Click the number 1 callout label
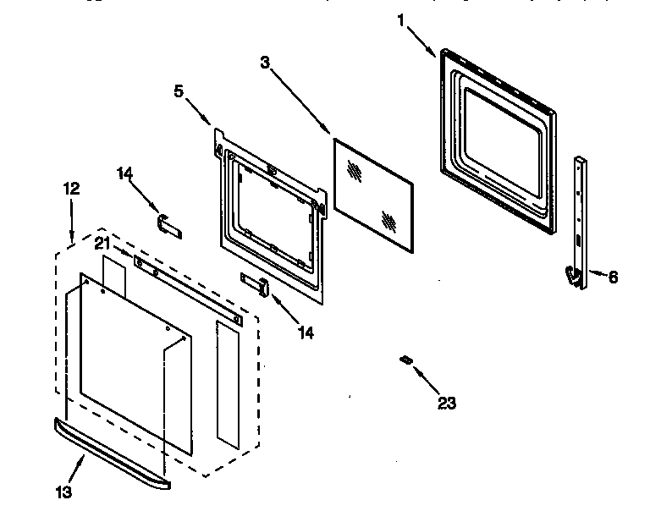400,20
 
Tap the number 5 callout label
179,91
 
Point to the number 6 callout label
613,276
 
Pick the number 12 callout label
71,189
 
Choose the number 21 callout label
102,244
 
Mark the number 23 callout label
447,403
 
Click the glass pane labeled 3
372,195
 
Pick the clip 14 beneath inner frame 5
256,285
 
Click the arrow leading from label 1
421,41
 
